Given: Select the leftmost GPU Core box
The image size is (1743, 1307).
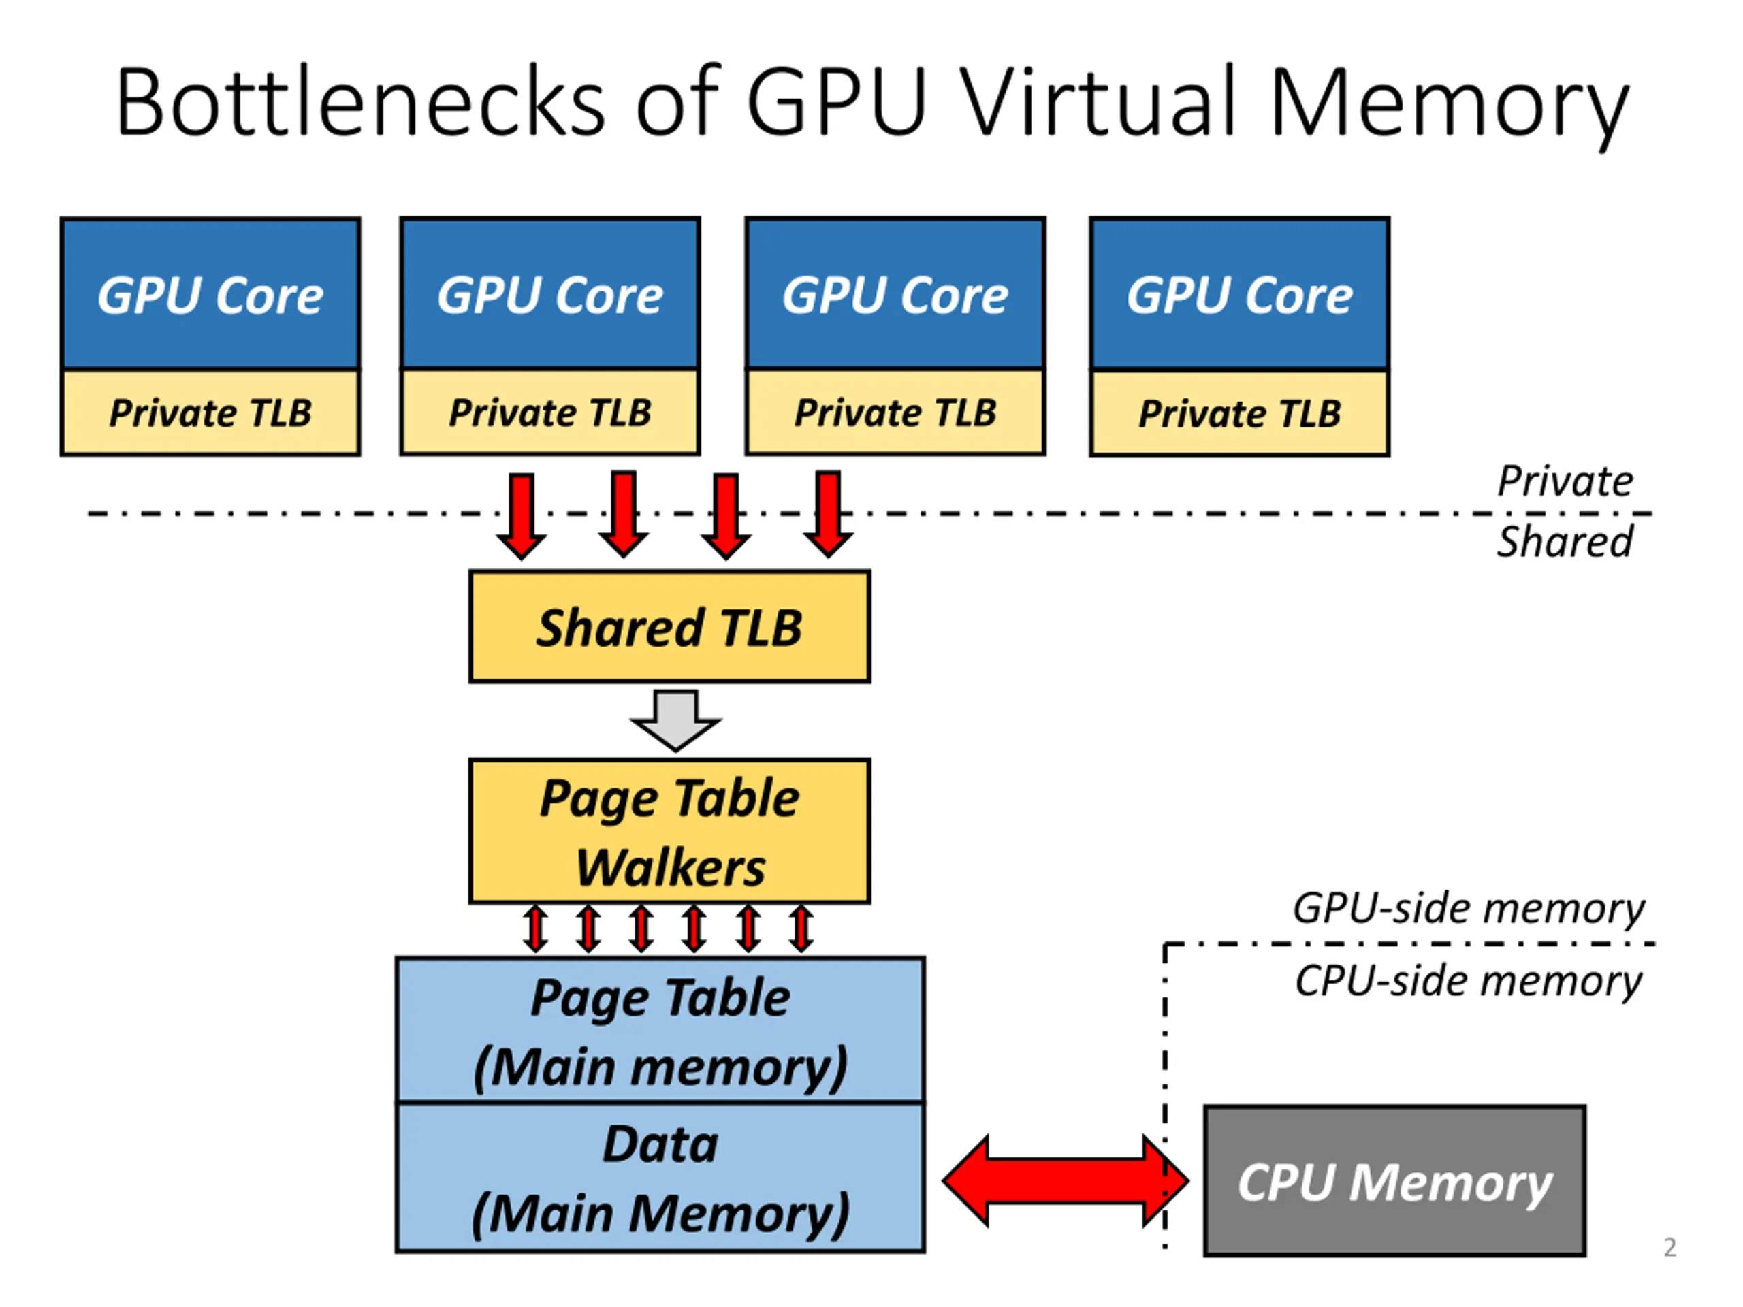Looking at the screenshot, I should [210, 294].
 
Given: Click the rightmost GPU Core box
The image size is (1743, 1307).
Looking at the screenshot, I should [1239, 294].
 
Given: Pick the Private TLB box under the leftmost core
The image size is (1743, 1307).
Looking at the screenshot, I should [210, 413].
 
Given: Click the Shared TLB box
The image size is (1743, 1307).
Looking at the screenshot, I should [670, 627].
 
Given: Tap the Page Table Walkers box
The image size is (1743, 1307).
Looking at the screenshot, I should [670, 832].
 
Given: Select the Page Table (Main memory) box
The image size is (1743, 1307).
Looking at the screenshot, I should [660, 1031].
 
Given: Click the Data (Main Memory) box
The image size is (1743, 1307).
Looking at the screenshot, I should [660, 1178].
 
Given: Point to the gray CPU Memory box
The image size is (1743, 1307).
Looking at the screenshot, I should [1394, 1181].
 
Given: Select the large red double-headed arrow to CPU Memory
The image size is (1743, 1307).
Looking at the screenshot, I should [1066, 1181].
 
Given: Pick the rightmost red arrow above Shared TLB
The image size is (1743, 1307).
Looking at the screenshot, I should [828, 515].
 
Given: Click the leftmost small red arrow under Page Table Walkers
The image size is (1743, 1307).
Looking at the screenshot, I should [536, 929].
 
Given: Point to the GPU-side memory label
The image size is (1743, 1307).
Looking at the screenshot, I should [1469, 908].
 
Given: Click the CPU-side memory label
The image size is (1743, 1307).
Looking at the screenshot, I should [1469, 982].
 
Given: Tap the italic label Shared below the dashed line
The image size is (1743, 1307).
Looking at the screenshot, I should [1565, 542].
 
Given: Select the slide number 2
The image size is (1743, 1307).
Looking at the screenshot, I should [1669, 1247].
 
